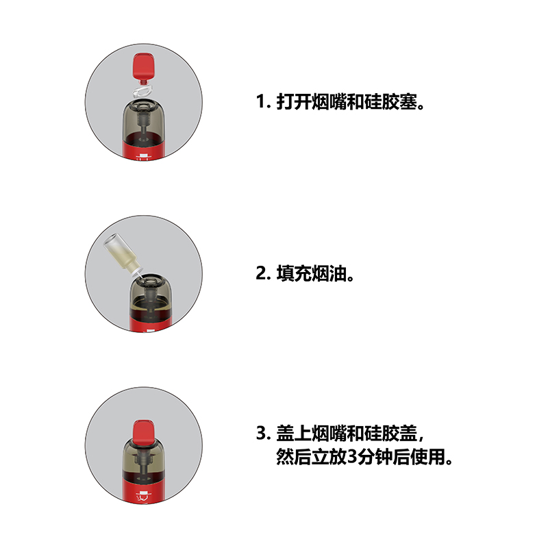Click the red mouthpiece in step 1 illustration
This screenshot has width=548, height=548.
pos(144,68)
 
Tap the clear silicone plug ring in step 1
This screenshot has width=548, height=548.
pos(142,92)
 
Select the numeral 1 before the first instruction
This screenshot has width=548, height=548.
pos(261,101)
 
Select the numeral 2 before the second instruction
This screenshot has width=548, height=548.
pos(261,273)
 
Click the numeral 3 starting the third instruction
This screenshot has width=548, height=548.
pos(261,434)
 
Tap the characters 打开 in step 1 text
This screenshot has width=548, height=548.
pos(294,102)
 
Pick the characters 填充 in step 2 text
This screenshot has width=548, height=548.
pos(294,273)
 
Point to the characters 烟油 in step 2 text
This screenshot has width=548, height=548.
pos(329,273)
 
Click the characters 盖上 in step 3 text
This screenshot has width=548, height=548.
pos(294,434)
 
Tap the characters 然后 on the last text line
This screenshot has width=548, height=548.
pos(294,457)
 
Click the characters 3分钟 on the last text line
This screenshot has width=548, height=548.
pos(369,457)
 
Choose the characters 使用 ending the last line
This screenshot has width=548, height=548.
pos(427,457)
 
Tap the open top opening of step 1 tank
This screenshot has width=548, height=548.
pos(143,105)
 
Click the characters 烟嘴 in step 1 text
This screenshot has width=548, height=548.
pos(329,102)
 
